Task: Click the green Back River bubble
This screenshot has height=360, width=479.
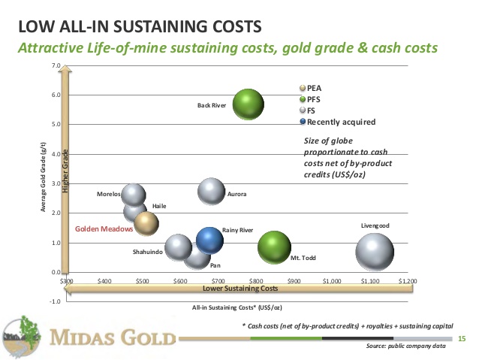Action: point(248,104)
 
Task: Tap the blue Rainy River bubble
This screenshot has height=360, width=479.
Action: point(210,240)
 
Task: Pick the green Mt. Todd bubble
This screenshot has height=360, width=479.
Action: point(274,245)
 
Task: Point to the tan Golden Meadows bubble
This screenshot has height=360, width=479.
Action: point(147,222)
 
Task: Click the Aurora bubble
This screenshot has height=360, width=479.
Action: point(212,192)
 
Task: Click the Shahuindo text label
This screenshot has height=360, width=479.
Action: point(147,252)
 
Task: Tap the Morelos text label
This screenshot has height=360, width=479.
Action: point(109,194)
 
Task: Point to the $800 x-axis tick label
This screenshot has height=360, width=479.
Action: point(256,280)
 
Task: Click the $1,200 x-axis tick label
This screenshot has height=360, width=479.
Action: point(407,280)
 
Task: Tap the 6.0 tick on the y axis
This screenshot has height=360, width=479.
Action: point(55,95)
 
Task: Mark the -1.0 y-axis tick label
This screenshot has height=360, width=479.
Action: point(54,301)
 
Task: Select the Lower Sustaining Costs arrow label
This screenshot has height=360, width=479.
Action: point(237,288)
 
